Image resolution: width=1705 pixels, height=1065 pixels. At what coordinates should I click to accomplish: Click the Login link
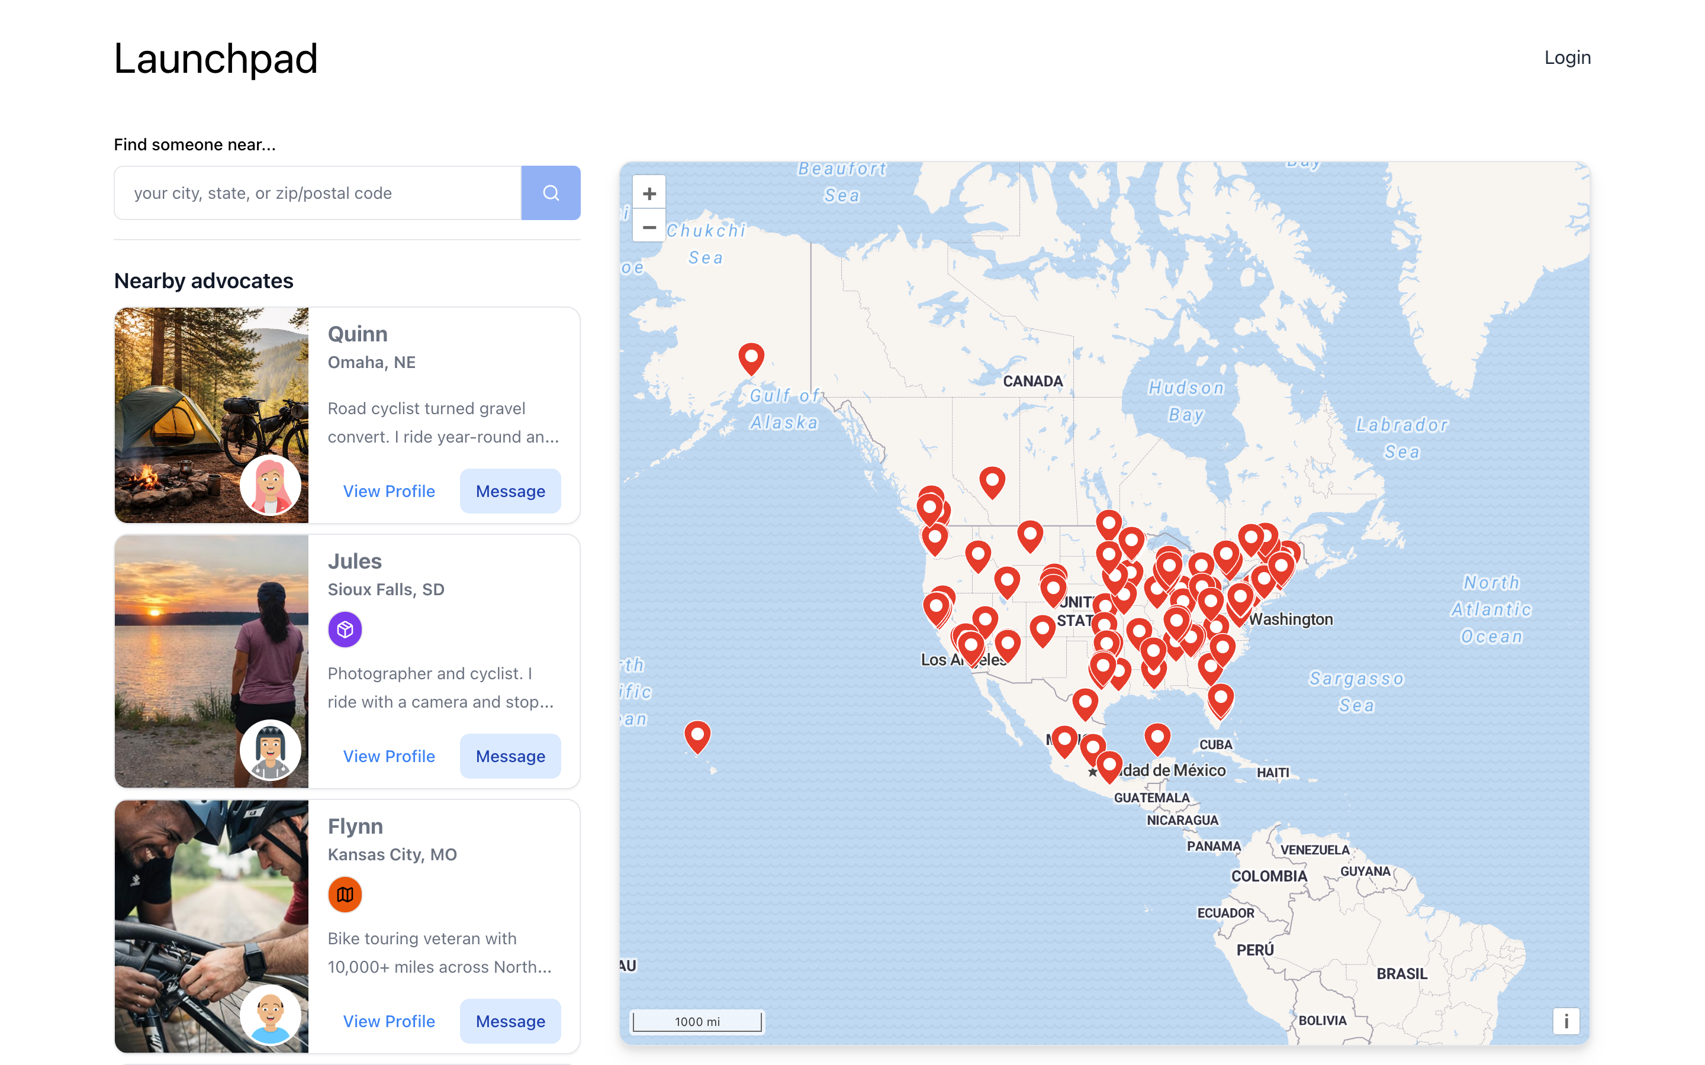point(1567,58)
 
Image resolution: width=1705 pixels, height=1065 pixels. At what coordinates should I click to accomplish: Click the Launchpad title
point(215,59)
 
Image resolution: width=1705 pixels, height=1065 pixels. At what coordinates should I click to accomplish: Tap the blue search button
point(550,193)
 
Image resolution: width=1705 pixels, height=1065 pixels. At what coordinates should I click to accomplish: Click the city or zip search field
point(318,193)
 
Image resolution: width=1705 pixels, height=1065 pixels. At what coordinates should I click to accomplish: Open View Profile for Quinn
point(388,491)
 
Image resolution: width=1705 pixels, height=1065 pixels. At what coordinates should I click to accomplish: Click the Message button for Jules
point(510,756)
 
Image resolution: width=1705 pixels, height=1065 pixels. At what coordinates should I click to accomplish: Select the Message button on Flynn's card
point(510,1021)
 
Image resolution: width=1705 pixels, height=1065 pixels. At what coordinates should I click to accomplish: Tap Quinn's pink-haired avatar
point(270,485)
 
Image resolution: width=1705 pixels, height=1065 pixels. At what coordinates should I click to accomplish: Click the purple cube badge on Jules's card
point(345,629)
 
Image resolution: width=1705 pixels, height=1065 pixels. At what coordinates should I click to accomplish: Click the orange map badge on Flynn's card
point(345,895)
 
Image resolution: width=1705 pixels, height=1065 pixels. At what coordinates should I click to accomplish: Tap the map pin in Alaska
point(751,357)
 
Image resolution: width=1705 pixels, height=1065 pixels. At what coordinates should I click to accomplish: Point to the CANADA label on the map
point(1032,381)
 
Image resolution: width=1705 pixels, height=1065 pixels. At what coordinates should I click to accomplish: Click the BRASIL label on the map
point(1401,973)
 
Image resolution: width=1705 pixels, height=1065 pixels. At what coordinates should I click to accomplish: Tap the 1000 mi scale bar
point(697,1021)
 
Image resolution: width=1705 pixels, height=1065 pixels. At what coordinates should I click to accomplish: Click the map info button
point(1565,1021)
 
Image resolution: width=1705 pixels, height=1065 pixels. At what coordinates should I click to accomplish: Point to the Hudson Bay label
point(1186,401)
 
